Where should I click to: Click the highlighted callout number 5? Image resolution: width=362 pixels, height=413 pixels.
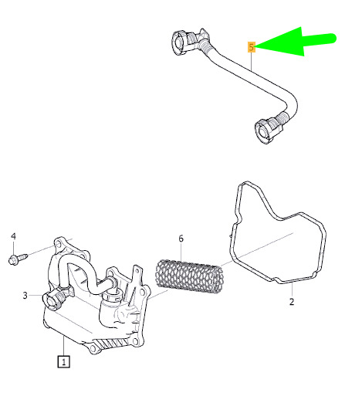[x=252, y=47]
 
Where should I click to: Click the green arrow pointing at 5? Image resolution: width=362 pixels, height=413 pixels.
[x=295, y=42]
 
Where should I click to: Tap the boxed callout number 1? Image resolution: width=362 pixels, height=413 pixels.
[x=64, y=361]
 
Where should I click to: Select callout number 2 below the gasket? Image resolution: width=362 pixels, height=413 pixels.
[x=292, y=301]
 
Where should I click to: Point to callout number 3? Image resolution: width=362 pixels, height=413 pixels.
[x=25, y=295]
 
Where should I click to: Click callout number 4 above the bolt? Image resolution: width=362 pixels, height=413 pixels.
[x=13, y=236]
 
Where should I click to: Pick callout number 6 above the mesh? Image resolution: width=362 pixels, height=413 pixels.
[x=181, y=239]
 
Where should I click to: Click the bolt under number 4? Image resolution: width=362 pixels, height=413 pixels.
[x=19, y=259]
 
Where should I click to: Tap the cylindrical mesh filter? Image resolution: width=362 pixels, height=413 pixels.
[x=190, y=276]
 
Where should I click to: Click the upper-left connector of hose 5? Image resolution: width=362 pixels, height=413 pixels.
[x=188, y=42]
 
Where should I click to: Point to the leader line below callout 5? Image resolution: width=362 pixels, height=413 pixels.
[x=252, y=61]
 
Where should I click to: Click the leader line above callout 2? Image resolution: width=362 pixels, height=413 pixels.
[x=292, y=289]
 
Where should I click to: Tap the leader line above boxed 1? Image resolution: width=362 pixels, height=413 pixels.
[x=64, y=346]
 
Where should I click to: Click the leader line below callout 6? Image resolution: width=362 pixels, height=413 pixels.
[x=181, y=252]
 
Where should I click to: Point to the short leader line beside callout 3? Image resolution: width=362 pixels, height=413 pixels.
[x=36, y=296]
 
